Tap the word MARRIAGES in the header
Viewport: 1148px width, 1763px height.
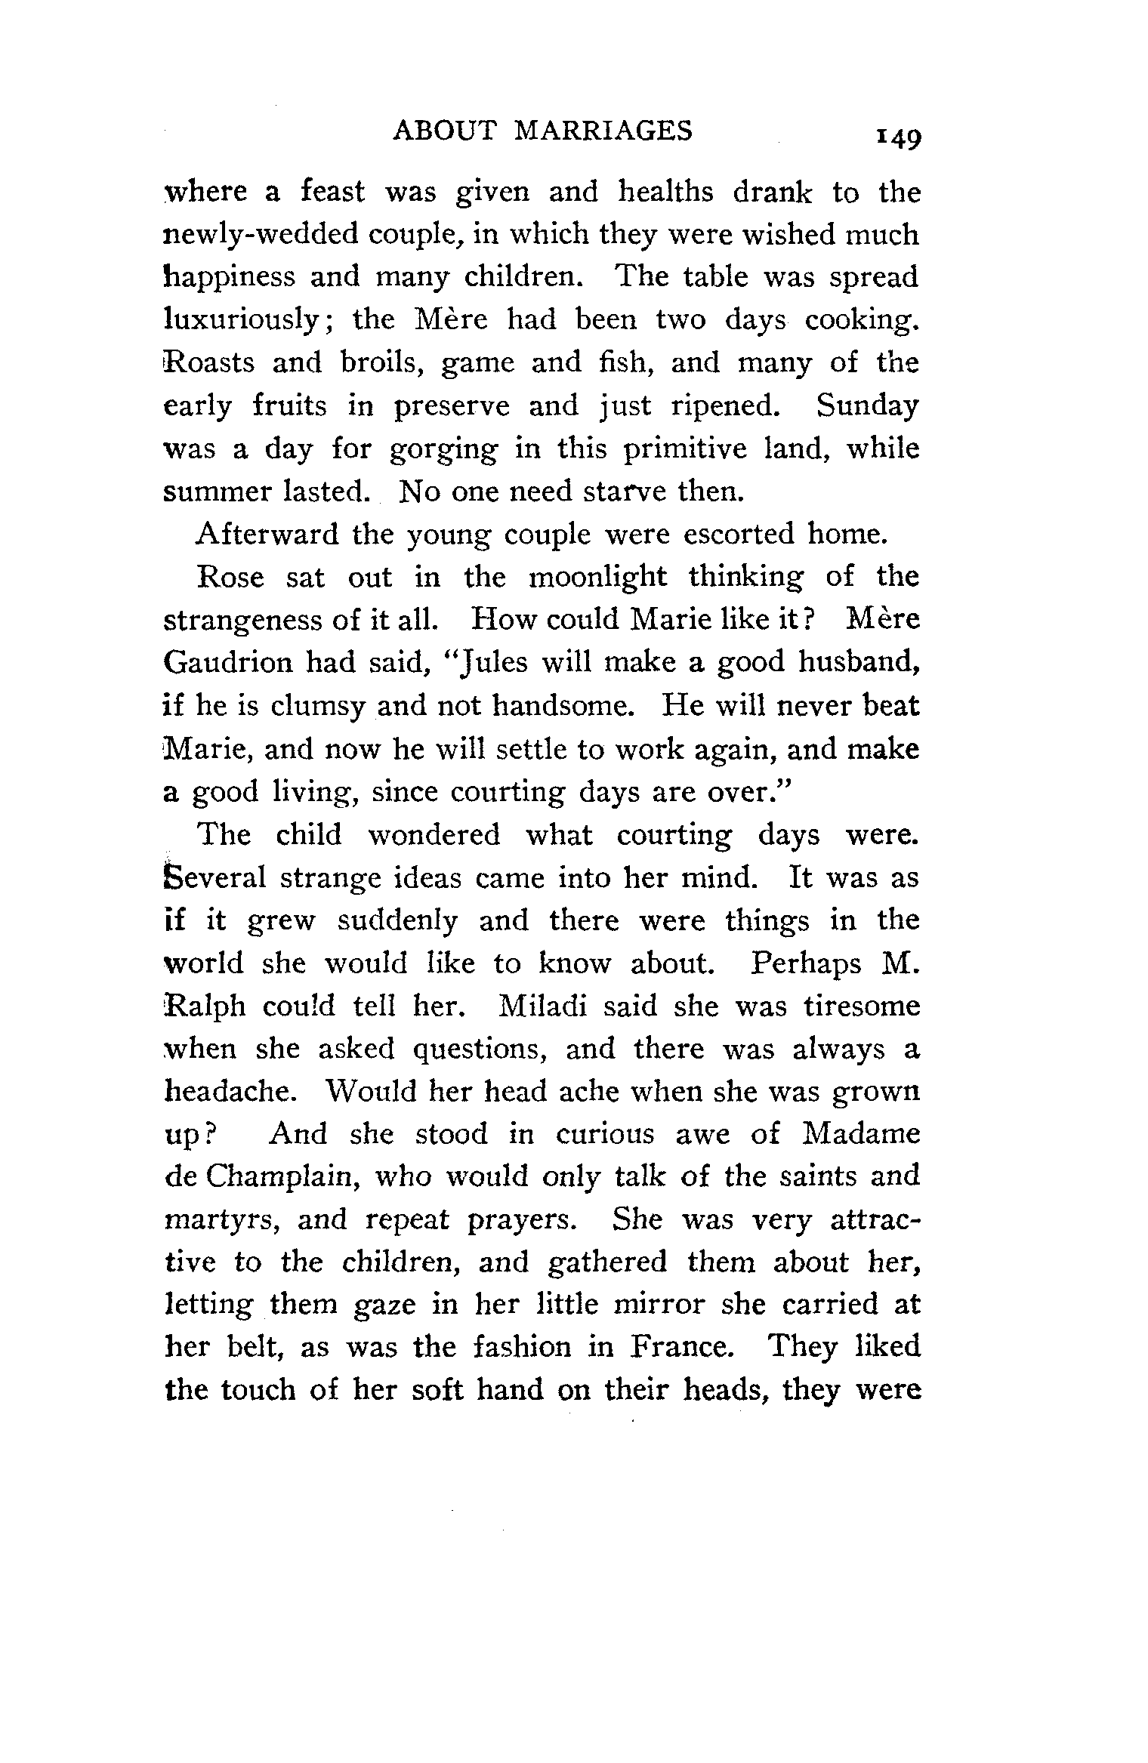pyautogui.click(x=603, y=131)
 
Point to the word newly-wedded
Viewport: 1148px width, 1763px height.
pyautogui.click(x=261, y=236)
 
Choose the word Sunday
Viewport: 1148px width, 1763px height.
pyautogui.click(x=867, y=406)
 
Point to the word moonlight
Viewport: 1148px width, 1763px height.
pyautogui.click(x=597, y=578)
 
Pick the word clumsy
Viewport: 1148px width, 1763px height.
pyautogui.click(x=318, y=706)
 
